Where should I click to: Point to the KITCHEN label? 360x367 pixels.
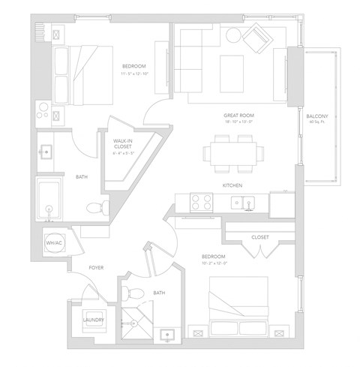(232, 185)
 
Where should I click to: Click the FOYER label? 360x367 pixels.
(96, 267)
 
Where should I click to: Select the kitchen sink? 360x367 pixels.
(241, 202)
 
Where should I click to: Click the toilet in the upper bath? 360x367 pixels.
(94, 206)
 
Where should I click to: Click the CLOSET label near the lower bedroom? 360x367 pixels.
(259, 237)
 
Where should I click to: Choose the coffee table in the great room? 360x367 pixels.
(229, 65)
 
